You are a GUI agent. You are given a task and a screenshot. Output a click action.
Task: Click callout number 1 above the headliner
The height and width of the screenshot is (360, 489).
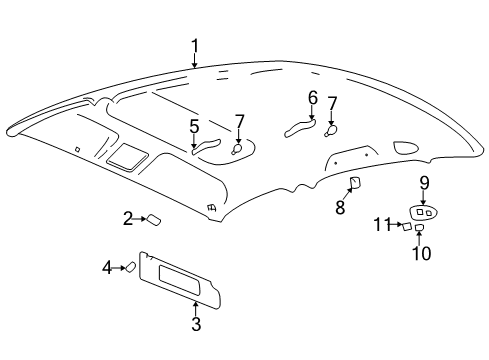pos(195,45)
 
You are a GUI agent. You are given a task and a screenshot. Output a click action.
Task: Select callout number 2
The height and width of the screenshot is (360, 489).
pos(128,218)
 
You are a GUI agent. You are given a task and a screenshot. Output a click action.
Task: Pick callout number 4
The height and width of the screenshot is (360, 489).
pos(107,266)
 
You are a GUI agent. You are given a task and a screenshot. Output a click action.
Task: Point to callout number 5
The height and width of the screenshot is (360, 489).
pos(194,126)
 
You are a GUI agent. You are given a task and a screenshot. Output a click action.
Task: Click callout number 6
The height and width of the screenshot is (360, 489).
pos(313,98)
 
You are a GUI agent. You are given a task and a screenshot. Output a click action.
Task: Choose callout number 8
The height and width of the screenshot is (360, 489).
pos(340,207)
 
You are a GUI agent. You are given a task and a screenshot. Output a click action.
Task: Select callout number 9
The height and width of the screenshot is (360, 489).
pos(424,182)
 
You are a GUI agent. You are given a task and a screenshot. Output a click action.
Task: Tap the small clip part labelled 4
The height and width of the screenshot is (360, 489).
pos(130,266)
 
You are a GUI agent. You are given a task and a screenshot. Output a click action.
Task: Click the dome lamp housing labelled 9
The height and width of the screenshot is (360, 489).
pos(422,212)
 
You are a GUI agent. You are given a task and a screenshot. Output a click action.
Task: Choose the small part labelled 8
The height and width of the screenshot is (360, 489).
pos(355,181)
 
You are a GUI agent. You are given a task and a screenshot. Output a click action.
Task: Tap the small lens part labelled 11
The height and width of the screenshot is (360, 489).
pos(408,226)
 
